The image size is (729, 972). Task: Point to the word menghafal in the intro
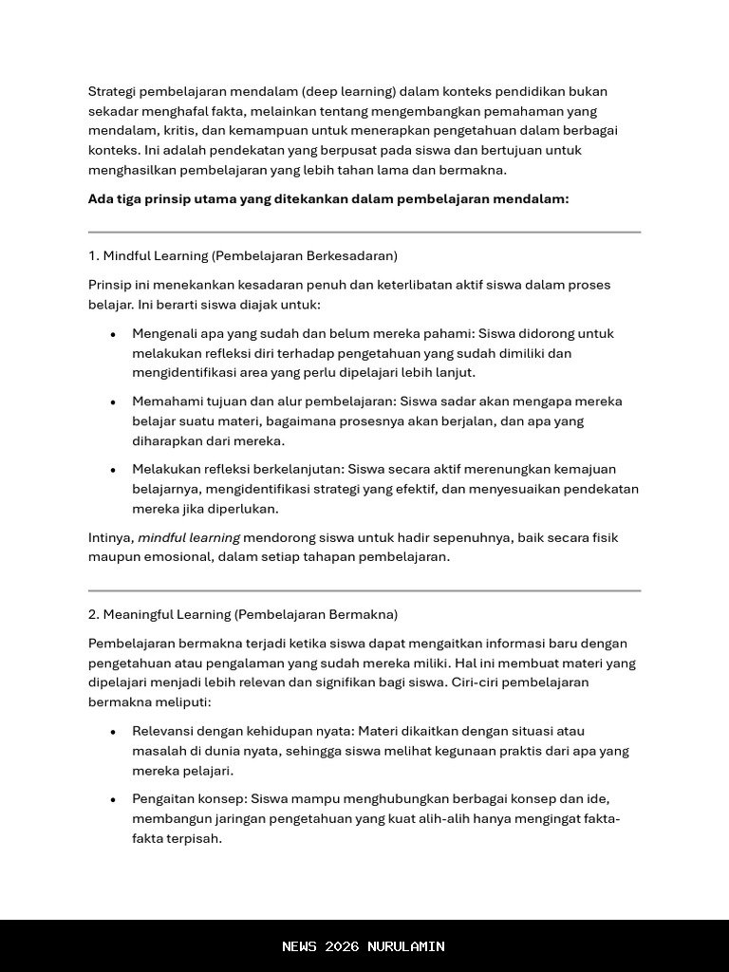[x=170, y=111]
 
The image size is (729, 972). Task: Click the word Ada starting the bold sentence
[x=101, y=199]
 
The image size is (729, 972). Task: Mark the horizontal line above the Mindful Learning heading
[x=364, y=232]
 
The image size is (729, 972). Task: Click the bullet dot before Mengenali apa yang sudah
[x=113, y=334]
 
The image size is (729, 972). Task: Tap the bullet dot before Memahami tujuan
[x=113, y=402]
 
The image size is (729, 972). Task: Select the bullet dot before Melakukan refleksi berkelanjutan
[x=113, y=470]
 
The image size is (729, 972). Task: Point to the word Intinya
[x=111, y=538]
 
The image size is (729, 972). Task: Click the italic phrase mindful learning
[x=189, y=538]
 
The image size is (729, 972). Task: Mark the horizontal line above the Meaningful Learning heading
[x=364, y=590]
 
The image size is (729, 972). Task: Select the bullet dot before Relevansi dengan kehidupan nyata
[x=113, y=732]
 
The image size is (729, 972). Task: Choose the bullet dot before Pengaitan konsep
[x=113, y=799]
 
